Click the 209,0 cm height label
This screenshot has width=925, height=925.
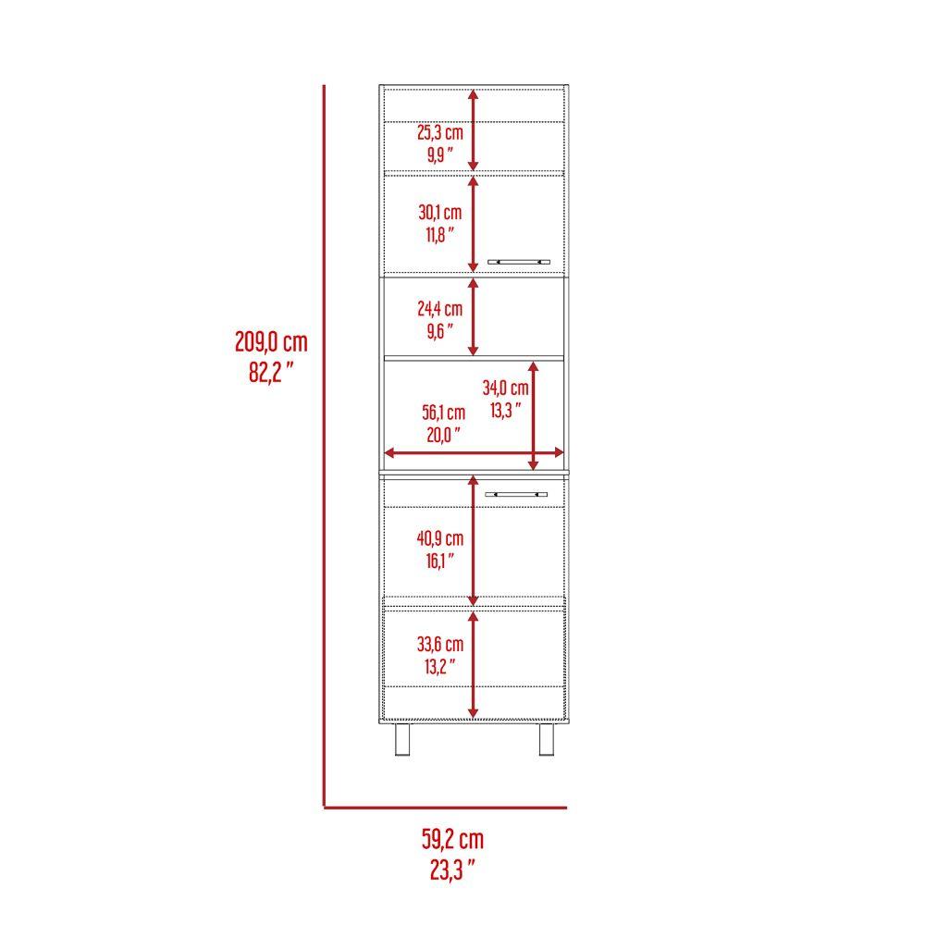tap(270, 343)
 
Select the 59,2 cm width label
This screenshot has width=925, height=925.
tap(452, 840)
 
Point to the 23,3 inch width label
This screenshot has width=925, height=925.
tap(452, 869)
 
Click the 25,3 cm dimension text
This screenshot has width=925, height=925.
tap(439, 133)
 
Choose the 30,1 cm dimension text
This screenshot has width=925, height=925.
tap(439, 213)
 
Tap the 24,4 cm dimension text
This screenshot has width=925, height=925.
tap(439, 308)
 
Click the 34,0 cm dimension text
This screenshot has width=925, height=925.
tap(506, 388)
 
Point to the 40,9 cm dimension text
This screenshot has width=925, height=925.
tap(440, 537)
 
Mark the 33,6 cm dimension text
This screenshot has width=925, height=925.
tap(440, 644)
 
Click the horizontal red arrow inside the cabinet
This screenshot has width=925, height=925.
tap(473, 452)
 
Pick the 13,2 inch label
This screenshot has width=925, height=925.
tap(440, 667)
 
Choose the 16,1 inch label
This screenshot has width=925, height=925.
tap(440, 561)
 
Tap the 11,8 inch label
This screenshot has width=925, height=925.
tap(440, 236)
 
